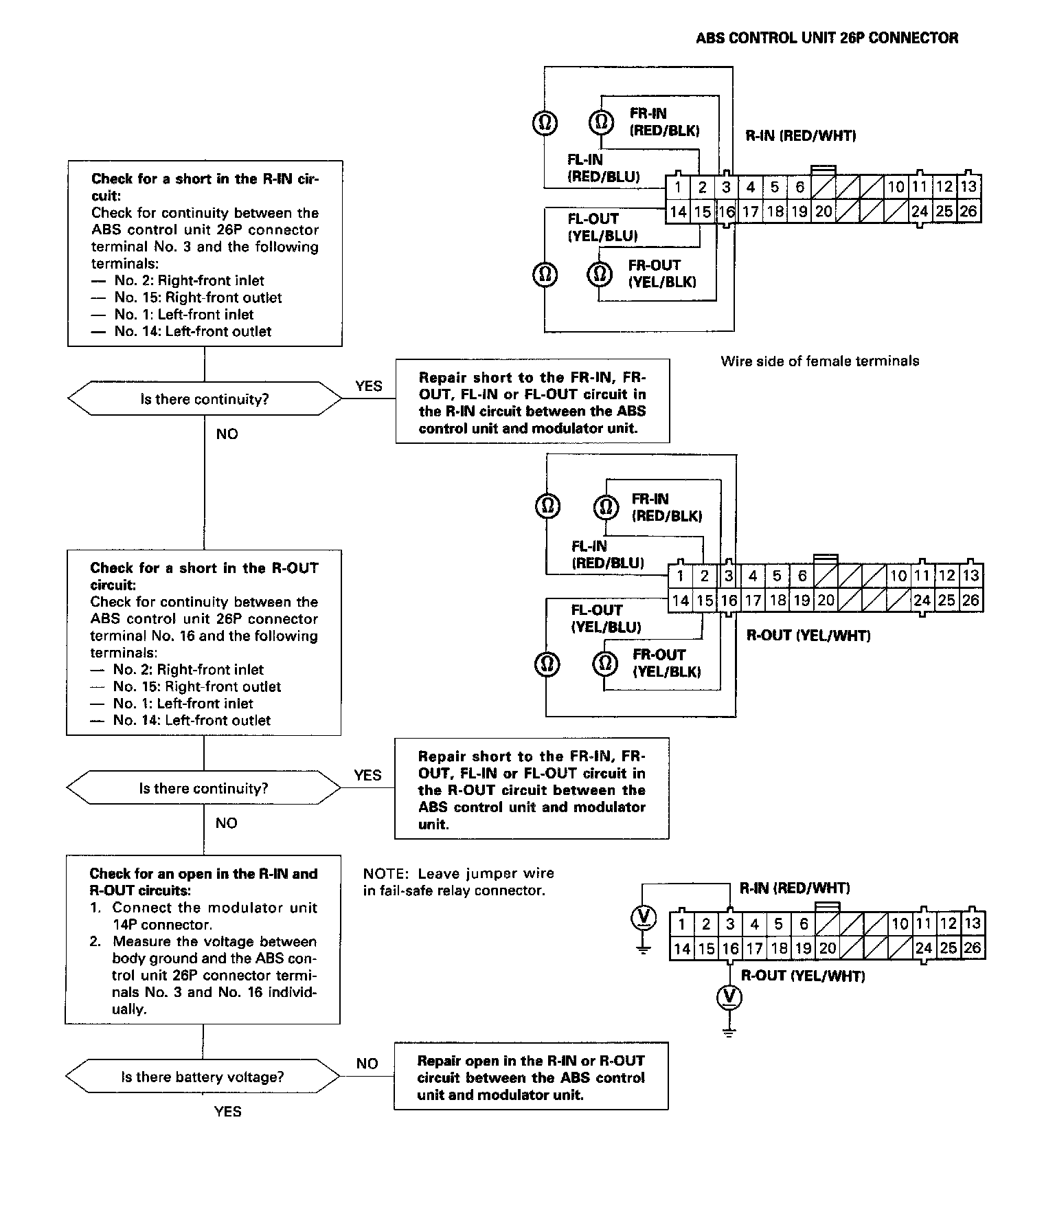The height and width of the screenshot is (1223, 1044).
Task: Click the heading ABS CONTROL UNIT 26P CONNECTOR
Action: tap(827, 38)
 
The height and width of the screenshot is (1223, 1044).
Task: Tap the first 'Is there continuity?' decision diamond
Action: tap(205, 399)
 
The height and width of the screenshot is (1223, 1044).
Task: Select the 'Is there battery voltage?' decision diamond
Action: tap(203, 1077)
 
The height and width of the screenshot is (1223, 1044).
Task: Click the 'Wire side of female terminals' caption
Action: tap(819, 361)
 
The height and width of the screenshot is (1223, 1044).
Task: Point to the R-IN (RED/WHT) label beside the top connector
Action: tap(800, 136)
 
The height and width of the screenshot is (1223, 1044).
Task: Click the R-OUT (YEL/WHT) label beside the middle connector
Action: tap(808, 636)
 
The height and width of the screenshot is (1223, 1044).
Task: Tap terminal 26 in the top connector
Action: tap(968, 212)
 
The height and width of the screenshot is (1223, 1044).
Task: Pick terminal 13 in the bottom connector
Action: tap(972, 923)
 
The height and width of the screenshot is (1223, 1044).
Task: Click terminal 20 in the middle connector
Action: tap(826, 601)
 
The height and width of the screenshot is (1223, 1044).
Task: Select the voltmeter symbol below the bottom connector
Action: tap(729, 997)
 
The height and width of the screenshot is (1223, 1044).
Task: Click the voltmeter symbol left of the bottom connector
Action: tap(643, 918)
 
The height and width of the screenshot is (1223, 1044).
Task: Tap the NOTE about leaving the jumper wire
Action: tap(458, 882)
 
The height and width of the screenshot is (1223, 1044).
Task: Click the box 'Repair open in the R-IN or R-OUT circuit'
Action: tap(530, 1078)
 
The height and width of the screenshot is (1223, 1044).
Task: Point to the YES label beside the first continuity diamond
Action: tap(369, 386)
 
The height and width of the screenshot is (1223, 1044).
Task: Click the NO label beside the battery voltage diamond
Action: tap(367, 1064)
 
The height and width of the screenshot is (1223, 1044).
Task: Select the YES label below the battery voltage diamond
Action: tap(227, 1112)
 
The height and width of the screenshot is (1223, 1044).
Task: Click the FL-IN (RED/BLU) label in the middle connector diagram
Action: tap(607, 554)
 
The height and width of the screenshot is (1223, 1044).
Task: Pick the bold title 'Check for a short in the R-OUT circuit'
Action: tap(204, 576)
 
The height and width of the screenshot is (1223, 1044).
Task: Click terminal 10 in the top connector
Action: tap(896, 187)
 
